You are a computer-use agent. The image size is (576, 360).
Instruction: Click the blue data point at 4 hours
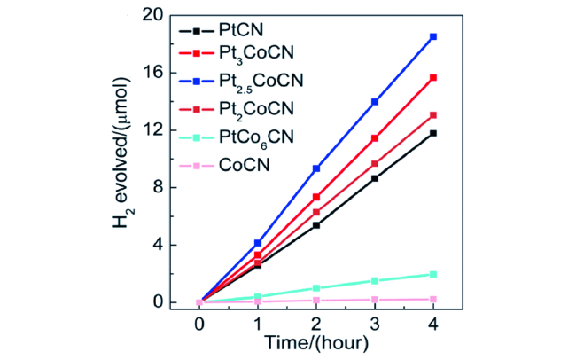pyautogui.click(x=433, y=37)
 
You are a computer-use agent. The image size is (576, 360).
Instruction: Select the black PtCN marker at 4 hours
pyautogui.click(x=433, y=133)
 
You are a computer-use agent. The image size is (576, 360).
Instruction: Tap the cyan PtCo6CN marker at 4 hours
pyautogui.click(x=433, y=274)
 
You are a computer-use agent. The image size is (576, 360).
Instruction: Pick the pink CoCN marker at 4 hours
pyautogui.click(x=433, y=299)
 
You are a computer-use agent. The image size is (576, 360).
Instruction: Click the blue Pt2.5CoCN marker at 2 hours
pyautogui.click(x=317, y=168)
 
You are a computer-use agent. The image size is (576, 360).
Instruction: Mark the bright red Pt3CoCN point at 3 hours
pyautogui.click(x=375, y=138)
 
